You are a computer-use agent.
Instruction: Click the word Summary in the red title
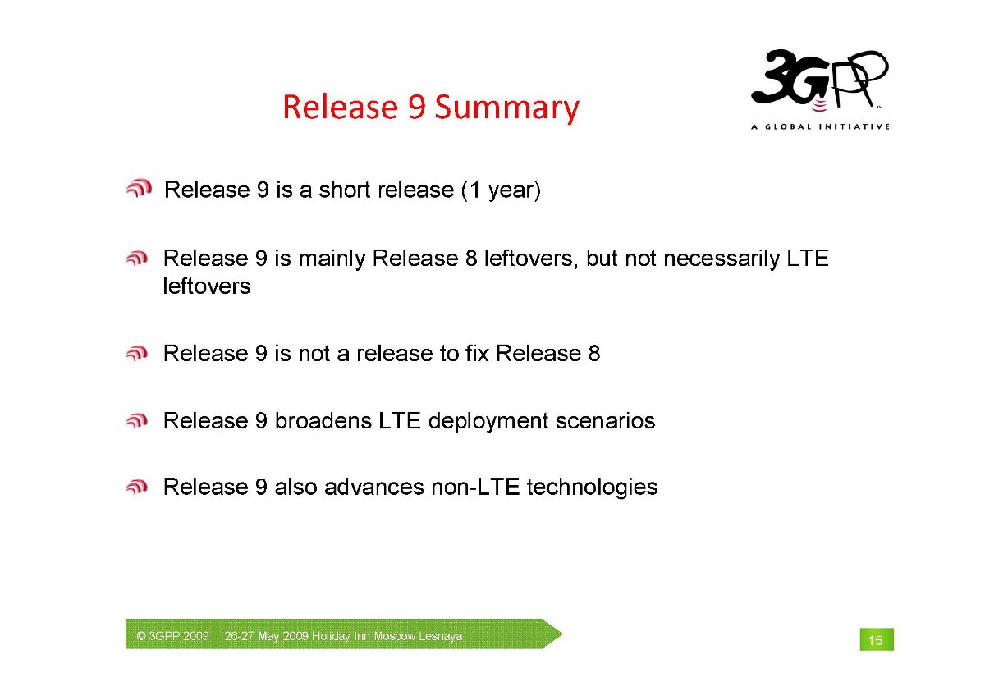(x=507, y=108)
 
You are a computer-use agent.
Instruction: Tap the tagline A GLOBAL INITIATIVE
(x=820, y=126)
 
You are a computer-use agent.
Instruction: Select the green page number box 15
(x=877, y=639)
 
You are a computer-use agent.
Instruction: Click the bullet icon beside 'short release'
(x=139, y=188)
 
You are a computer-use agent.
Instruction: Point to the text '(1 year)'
(x=501, y=190)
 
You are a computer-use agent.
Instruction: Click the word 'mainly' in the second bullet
(x=332, y=259)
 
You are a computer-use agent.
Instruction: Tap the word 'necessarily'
(x=722, y=259)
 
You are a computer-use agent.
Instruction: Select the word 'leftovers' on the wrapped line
(x=207, y=286)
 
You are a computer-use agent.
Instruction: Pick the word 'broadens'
(x=323, y=421)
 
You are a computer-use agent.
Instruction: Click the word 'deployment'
(x=488, y=422)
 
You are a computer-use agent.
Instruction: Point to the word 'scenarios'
(x=605, y=421)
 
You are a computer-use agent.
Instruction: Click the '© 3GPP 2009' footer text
(x=172, y=636)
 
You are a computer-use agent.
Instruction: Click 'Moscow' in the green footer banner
(x=395, y=636)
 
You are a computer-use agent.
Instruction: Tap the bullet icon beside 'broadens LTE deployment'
(x=137, y=421)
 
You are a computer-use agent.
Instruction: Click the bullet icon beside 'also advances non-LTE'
(x=137, y=487)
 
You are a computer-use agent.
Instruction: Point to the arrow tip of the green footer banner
(x=563, y=634)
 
